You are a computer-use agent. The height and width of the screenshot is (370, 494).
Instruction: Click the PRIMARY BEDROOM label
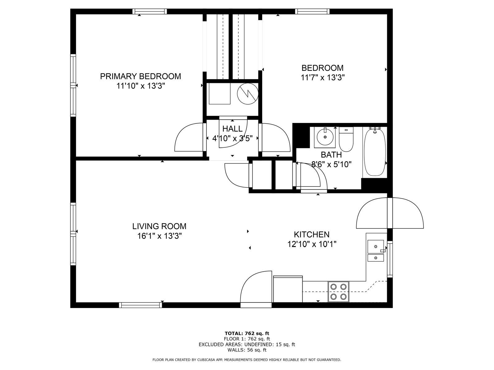[x=140, y=76]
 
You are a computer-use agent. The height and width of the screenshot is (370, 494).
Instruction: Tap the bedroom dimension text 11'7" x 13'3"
[x=322, y=77]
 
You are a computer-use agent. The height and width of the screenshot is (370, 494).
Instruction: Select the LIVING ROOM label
[x=159, y=226]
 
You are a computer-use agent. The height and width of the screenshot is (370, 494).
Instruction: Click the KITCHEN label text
[x=312, y=234]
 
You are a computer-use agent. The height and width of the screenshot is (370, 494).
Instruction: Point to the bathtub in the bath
[x=375, y=152]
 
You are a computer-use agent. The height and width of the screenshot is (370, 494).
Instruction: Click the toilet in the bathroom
[x=346, y=140]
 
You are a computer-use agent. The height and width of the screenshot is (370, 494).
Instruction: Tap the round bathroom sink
[x=325, y=137]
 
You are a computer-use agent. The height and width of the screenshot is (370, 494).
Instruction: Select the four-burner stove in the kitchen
[x=338, y=292]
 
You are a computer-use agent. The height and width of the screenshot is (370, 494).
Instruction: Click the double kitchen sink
[x=376, y=250]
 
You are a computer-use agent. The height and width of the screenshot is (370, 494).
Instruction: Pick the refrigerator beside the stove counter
[x=288, y=289]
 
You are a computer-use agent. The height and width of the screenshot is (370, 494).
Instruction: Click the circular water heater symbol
[x=248, y=94]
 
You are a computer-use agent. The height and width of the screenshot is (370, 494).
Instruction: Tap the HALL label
[x=232, y=129]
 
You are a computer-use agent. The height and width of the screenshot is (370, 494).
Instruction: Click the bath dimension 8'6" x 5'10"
[x=332, y=164]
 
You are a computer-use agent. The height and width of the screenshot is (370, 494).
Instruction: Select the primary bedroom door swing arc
[x=189, y=138]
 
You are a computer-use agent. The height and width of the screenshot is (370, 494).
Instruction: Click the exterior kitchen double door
[x=390, y=213]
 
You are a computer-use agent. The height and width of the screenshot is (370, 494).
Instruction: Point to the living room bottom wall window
[x=141, y=305]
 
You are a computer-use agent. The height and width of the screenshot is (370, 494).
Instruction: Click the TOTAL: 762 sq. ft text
[x=247, y=333]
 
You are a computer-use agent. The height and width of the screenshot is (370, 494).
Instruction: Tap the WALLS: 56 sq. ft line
[x=247, y=350]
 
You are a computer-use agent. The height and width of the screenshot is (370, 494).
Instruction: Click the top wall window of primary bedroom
[x=150, y=12]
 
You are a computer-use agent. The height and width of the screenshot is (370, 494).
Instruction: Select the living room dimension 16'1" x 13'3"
[x=159, y=236]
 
